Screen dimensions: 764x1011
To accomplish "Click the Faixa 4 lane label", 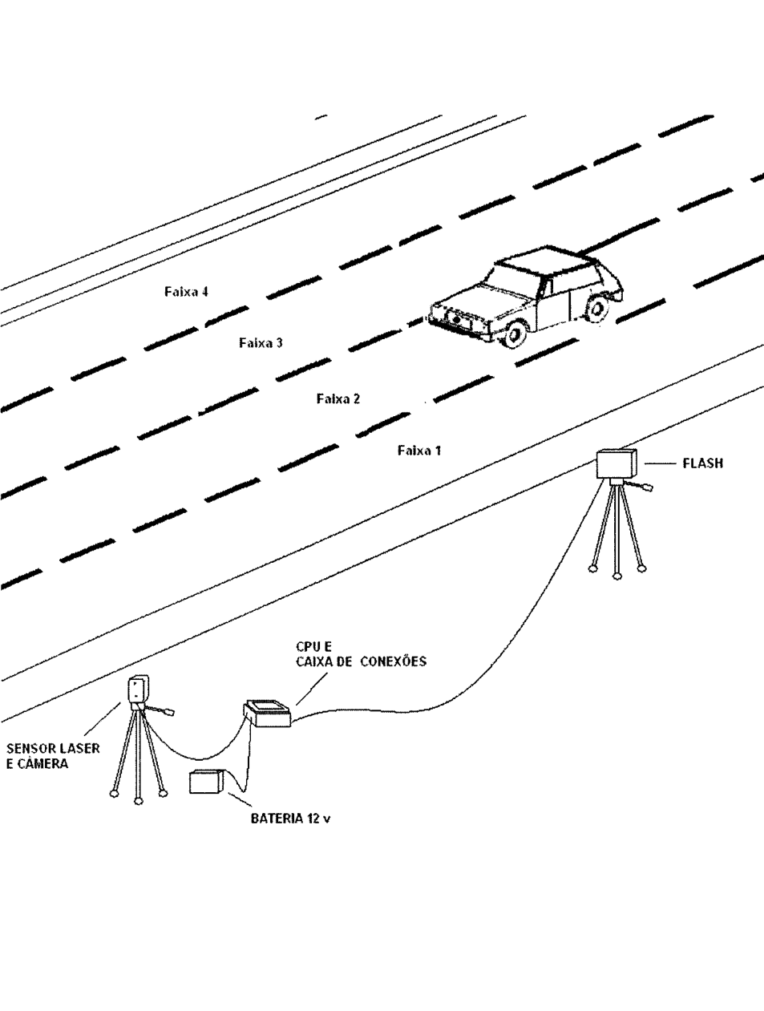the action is pos(187,292).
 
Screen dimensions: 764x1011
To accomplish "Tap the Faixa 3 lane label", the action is pos(261,342).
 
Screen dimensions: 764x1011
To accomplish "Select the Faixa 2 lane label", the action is pos(338,398).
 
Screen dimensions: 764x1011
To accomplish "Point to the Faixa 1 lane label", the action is pos(419,450).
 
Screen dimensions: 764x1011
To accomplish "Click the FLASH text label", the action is pos(703,463).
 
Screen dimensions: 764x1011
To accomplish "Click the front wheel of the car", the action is pos(515,334).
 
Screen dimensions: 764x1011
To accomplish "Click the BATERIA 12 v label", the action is pos(290,819).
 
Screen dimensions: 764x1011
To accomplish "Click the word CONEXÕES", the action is pos(394,661).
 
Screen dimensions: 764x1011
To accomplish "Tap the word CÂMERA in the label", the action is pos(42,764).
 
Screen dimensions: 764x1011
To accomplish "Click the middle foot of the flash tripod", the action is pos(616,576).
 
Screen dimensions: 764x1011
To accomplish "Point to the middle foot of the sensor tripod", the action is pos(138,802).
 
